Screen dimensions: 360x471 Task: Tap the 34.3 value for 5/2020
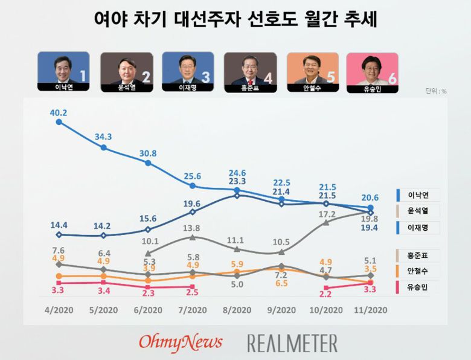103,137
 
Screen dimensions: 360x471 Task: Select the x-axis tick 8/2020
237,310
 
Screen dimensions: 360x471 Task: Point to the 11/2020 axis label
369,310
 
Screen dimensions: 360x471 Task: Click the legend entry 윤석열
418,211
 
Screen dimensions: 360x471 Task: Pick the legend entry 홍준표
418,255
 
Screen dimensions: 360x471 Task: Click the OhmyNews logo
181,342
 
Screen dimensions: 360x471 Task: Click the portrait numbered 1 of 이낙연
63,71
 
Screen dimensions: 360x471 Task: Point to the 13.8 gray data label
193,228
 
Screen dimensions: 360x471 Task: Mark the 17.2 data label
326,214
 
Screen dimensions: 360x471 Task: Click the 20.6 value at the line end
369,198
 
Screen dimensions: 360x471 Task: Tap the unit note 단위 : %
435,91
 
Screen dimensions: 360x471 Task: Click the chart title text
235,20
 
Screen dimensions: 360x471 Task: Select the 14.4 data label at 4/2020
59,225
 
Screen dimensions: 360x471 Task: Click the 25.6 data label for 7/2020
193,176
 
